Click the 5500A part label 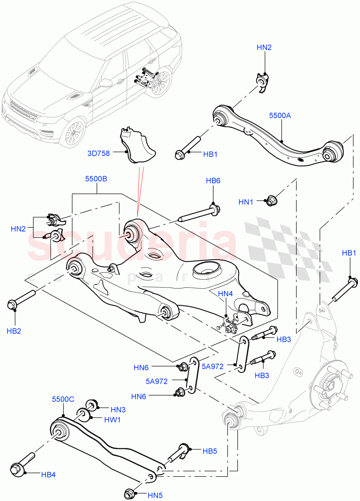tap(280, 116)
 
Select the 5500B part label tap(96, 179)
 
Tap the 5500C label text tap(63, 399)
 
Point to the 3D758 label tap(99, 153)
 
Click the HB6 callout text tap(213, 181)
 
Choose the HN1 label tap(246, 202)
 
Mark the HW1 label tap(113, 420)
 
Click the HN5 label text tap(155, 496)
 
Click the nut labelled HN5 tap(131, 493)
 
